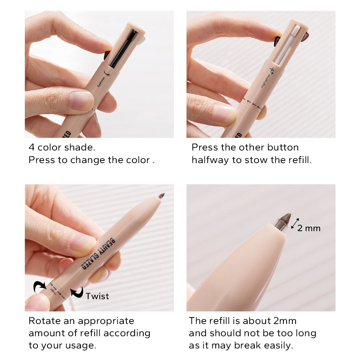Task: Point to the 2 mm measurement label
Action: (x=309, y=228)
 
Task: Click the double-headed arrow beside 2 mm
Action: (x=295, y=224)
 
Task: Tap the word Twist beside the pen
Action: (x=97, y=296)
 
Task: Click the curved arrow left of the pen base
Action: (x=39, y=287)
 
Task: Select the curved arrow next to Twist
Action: (x=77, y=292)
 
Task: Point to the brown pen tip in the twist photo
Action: (x=161, y=196)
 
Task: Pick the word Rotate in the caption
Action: (x=45, y=321)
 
